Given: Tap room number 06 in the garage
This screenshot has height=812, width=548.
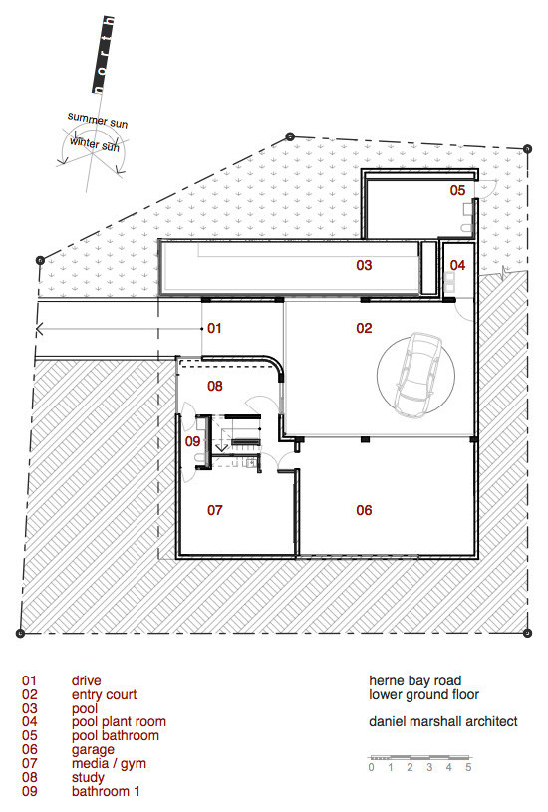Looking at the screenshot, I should pos(364,510).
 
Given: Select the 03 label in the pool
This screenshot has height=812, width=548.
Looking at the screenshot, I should pos(364,266).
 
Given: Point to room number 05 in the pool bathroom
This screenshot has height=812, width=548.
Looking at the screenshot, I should pos(456,189).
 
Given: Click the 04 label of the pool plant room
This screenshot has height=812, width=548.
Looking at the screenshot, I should pos(456,265).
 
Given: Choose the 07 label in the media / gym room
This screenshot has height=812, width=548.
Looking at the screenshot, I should pos(214,510).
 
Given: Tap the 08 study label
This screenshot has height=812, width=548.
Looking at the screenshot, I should pos(214,385).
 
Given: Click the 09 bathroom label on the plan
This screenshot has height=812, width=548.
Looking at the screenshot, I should pos(193,439).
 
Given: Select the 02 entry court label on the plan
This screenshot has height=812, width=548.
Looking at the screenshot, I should pos(364,327).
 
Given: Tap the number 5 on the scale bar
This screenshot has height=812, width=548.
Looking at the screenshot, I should pos(468,767).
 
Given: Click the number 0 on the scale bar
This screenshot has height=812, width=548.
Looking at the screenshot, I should pos(371,767).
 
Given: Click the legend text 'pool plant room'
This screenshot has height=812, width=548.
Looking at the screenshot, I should pos(119,721).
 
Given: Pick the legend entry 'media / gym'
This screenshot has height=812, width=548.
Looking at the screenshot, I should pos(107,764).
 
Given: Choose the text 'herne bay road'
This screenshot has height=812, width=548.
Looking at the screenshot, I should pos(414,681).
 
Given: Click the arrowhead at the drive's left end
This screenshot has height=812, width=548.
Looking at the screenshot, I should pos(40,327).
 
